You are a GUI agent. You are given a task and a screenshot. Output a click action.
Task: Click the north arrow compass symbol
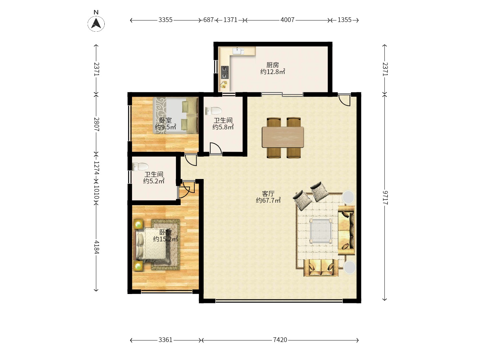tap(96, 23)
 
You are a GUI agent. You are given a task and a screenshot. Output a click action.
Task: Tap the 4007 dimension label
tap(287, 20)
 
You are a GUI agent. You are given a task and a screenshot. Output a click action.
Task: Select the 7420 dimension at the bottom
tap(280, 340)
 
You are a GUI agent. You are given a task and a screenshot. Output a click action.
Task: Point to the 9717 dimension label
tap(385, 198)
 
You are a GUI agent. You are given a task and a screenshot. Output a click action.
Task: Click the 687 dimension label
tap(208, 20)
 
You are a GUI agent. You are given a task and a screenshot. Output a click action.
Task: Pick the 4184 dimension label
tap(96, 247)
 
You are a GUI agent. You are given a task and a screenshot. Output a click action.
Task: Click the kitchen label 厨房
tap(273, 65)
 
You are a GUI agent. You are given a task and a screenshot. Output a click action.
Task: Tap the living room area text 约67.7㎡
tap(268, 200)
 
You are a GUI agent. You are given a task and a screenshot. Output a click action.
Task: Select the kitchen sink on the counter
tap(238, 51)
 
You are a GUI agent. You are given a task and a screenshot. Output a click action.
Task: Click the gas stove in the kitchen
tap(225, 72)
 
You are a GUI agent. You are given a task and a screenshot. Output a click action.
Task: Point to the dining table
tap(283, 137)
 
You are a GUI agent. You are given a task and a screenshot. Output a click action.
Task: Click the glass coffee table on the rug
tap(321, 231)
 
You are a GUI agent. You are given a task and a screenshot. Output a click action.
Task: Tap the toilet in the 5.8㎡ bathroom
tap(213, 111)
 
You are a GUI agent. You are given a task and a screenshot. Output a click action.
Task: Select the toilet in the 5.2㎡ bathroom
tap(140, 167)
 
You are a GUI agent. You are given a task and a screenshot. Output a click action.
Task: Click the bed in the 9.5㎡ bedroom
tap(175, 115)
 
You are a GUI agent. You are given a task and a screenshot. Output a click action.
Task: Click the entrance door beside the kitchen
tap(344, 100)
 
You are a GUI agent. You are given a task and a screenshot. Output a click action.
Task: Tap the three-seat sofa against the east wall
tap(346, 230)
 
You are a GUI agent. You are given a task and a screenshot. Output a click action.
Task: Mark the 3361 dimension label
tap(166, 340)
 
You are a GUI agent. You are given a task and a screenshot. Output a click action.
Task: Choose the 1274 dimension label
tap(96, 168)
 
